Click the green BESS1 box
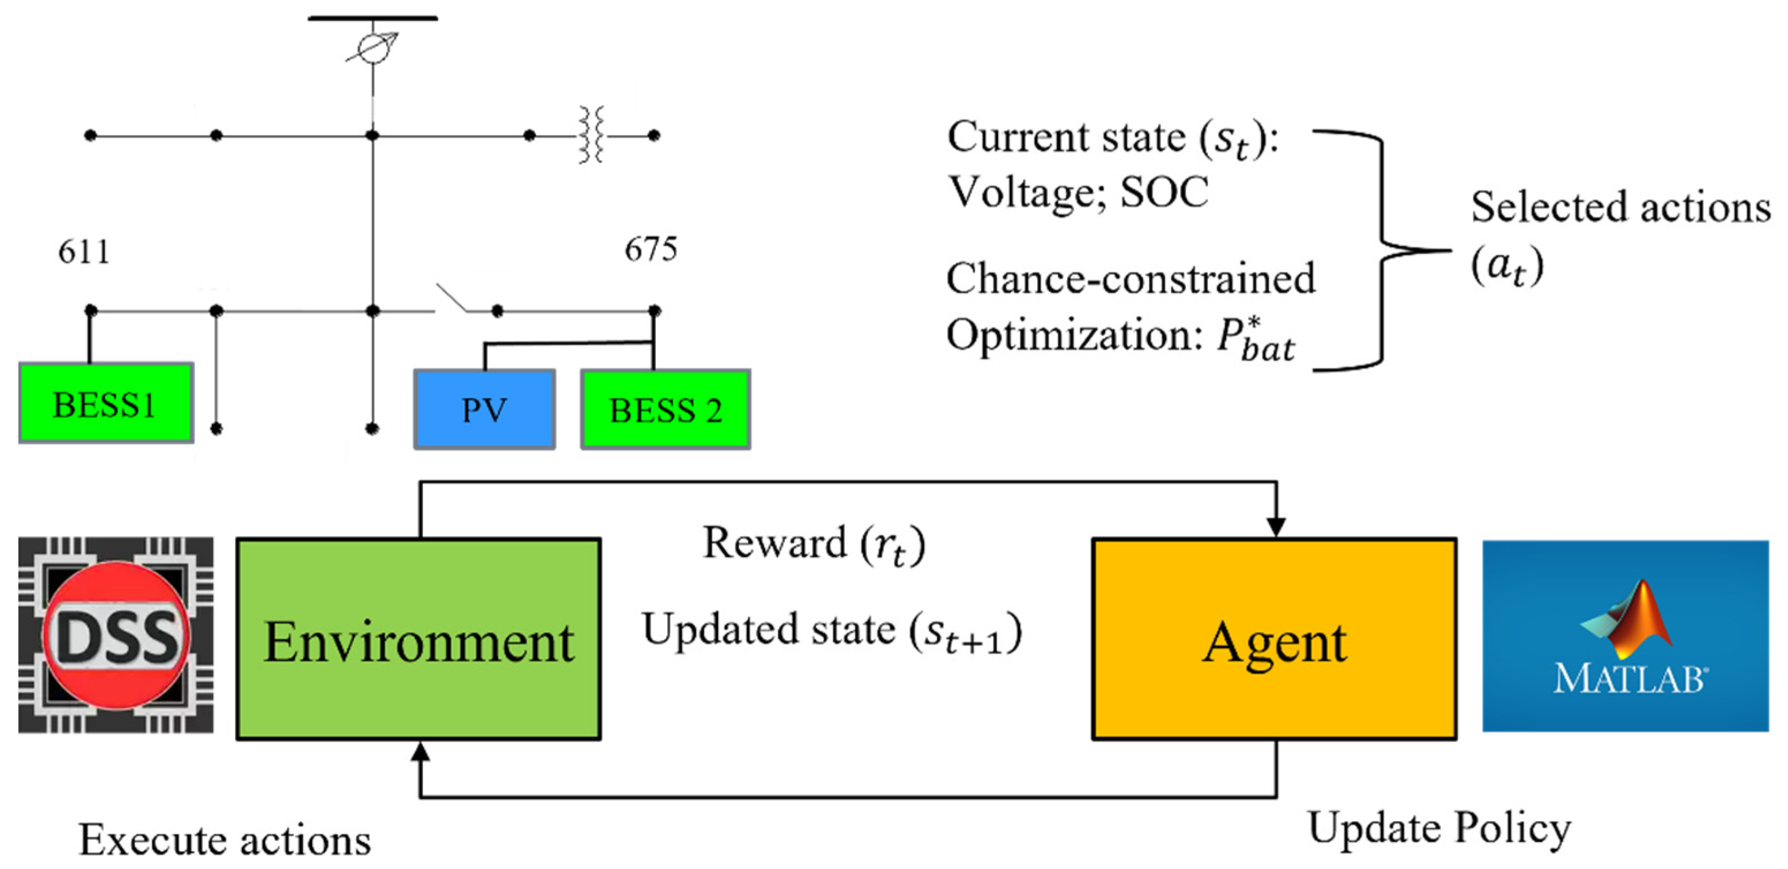click(x=105, y=403)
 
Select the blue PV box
click(x=485, y=410)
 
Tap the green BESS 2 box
click(x=666, y=410)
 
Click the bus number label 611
click(x=84, y=251)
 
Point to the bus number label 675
click(x=651, y=249)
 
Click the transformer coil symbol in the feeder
click(x=591, y=135)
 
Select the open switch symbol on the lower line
click(x=451, y=299)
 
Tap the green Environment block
click(x=418, y=639)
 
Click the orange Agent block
click(x=1275, y=639)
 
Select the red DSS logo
click(x=116, y=635)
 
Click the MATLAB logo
click(x=1625, y=636)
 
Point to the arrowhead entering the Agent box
click(x=1276, y=527)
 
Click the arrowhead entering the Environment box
click(x=420, y=751)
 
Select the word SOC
click(x=1165, y=192)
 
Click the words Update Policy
click(x=1439, y=828)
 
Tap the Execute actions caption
click(x=225, y=840)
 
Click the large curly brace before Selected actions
click(x=1381, y=250)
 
